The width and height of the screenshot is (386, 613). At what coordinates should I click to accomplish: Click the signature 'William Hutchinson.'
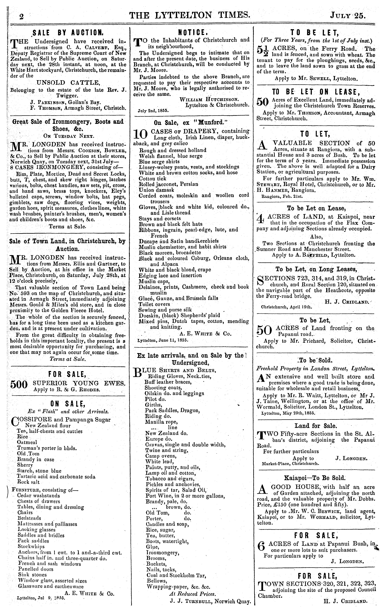pos(209,99)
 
